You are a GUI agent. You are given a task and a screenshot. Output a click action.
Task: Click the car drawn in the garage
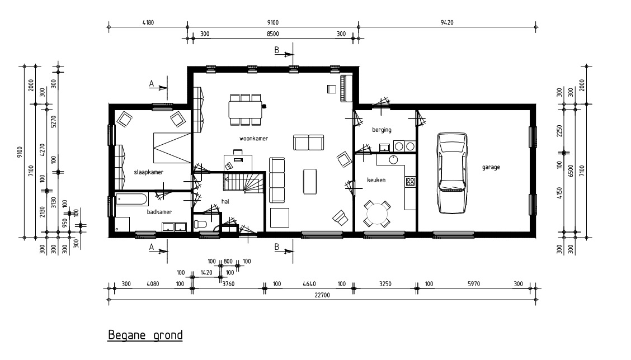[x=453, y=173]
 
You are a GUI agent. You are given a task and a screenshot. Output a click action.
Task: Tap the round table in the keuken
[x=377, y=214]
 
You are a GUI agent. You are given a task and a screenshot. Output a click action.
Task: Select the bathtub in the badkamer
[x=131, y=199]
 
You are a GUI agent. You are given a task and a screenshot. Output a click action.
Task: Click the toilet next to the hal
[x=200, y=224]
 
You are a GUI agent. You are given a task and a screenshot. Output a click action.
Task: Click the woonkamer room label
[x=253, y=139]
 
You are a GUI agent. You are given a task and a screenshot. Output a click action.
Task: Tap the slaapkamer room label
[x=148, y=172]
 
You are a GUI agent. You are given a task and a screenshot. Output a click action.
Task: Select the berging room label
[x=382, y=130]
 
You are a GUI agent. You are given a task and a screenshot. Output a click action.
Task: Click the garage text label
[x=491, y=167]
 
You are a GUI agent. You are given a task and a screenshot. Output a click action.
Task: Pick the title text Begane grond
[x=145, y=335]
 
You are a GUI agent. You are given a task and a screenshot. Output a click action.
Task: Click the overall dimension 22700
[x=322, y=295]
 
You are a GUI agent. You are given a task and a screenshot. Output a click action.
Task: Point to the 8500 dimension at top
[x=273, y=34]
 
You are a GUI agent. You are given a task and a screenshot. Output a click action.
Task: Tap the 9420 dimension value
[x=447, y=22]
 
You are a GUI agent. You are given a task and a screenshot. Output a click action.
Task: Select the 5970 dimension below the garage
[x=474, y=284]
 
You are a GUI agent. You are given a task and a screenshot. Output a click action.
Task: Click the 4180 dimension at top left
[x=148, y=22]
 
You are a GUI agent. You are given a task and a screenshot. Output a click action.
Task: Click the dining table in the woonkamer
[x=246, y=110]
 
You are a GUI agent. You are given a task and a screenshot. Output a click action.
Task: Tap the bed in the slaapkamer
[x=172, y=148]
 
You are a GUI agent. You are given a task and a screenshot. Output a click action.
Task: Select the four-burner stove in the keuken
[x=410, y=182]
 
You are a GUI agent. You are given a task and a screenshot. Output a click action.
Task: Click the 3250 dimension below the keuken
[x=385, y=284]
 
